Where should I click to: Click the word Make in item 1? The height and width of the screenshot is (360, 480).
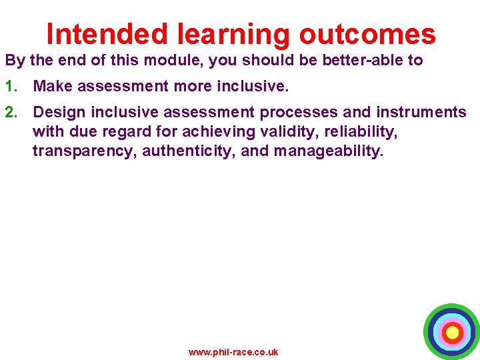pyautogui.click(x=51, y=86)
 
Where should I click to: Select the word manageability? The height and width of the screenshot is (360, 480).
pyautogui.click(x=328, y=151)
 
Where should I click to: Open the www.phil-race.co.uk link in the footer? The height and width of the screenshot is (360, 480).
pyautogui.click(x=233, y=352)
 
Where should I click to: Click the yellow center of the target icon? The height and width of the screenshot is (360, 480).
pyautogui.click(x=452, y=331)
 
